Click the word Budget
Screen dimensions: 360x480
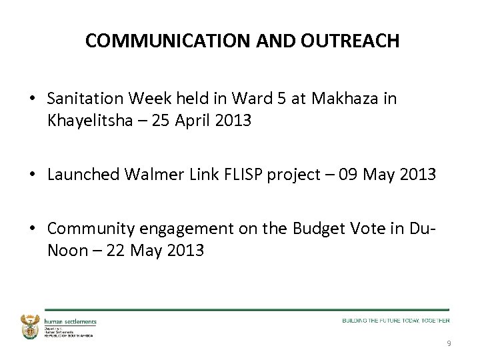(324, 230)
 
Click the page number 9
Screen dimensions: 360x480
(448, 344)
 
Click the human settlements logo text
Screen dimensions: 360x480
(70, 321)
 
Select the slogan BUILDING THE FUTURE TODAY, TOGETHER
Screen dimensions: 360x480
(396, 321)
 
